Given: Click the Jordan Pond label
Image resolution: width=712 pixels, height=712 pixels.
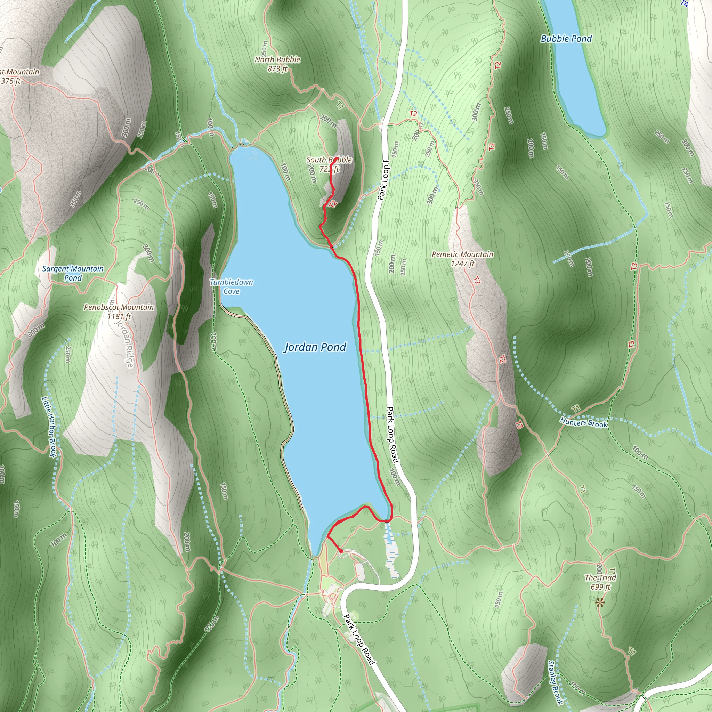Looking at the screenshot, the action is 315,347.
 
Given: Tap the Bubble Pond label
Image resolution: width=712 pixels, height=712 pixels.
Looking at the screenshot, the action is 566,39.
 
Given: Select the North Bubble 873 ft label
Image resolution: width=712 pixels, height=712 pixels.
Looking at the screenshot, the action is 277,64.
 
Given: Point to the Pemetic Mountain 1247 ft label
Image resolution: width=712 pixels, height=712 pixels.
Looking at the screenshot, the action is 462,259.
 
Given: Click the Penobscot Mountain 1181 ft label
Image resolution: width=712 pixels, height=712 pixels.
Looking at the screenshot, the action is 119,312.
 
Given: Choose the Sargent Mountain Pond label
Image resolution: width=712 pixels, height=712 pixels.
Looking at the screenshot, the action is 73,273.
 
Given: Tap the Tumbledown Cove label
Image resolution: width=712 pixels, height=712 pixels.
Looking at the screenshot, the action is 232,286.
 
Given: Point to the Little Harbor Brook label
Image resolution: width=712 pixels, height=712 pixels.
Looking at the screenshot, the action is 49,426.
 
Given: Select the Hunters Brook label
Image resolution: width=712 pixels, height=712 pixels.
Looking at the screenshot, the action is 583,422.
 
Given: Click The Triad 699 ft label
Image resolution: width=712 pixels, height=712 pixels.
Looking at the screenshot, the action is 600,582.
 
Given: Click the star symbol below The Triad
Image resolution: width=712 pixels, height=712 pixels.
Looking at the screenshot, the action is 600,603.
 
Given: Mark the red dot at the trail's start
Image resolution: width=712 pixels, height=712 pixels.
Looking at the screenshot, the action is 341,551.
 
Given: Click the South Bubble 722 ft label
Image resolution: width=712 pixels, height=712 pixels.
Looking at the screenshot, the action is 329,164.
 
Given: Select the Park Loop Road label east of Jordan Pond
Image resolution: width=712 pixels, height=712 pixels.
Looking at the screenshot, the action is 393,435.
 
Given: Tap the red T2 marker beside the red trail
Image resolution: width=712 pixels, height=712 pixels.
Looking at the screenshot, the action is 333,204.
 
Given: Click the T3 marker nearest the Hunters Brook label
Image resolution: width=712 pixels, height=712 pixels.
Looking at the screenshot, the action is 519,425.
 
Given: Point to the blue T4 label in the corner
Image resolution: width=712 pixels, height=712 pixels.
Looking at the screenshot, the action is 684,4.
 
